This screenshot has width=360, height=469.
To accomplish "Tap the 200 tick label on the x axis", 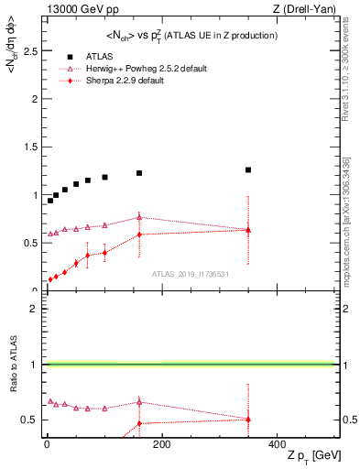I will [161, 444].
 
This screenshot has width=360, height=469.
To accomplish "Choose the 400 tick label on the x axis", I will [276, 444].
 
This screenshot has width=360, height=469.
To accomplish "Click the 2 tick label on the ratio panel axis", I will [38, 309].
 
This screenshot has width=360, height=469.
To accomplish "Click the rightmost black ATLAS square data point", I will [247, 169].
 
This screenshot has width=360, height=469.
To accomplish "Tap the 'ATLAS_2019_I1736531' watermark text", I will [191, 274].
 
